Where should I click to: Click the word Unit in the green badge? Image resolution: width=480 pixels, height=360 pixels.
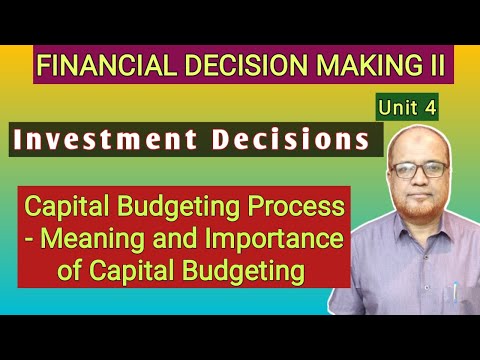(397, 103)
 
